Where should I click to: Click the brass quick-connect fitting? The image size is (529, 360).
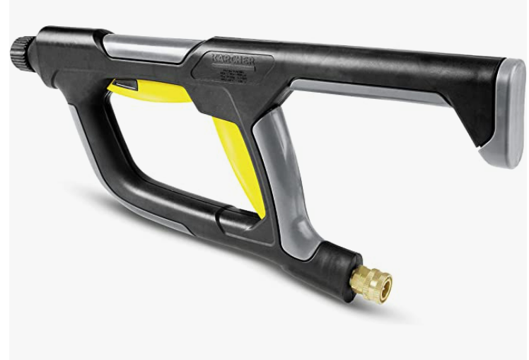click(x=370, y=284)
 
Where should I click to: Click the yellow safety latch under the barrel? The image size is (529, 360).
click(x=152, y=91)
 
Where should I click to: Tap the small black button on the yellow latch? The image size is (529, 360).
click(x=127, y=85)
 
